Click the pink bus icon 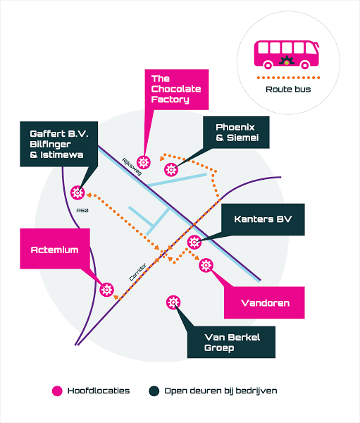point(287,54)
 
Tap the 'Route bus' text point(288,90)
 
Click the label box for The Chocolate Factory point(177,90)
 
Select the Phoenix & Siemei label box point(236,133)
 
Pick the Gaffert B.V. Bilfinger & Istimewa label point(58,144)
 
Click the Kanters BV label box point(263,219)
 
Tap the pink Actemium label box point(55,249)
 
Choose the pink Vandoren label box point(264,302)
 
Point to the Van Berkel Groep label point(231,343)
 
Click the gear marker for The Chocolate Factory point(143,162)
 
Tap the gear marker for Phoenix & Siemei point(171,170)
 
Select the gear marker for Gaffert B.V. point(77,192)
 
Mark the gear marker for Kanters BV point(194,243)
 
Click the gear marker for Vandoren point(206,265)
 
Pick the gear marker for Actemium point(107,290)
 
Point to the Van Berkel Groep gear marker point(173,302)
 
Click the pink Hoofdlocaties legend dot point(57,391)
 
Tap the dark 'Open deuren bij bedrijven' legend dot point(154,391)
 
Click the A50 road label point(82,210)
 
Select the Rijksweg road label point(132,166)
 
